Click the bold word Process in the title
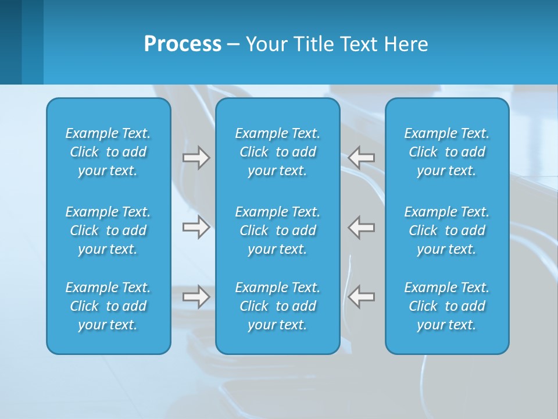[x=183, y=44]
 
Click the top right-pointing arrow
[x=196, y=158]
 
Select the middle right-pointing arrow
[x=196, y=227]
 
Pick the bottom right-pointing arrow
[x=196, y=297]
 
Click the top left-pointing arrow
[x=362, y=157]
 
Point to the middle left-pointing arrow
[x=362, y=227]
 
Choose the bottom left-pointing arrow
[x=362, y=297]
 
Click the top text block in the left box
[x=108, y=152]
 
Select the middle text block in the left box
[x=108, y=230]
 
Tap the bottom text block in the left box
[x=108, y=306]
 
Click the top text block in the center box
[x=277, y=152]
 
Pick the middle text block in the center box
[x=277, y=230]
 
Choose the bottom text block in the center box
[x=277, y=306]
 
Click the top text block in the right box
[x=446, y=152]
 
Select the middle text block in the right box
[x=446, y=230]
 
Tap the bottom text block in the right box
[x=446, y=306]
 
